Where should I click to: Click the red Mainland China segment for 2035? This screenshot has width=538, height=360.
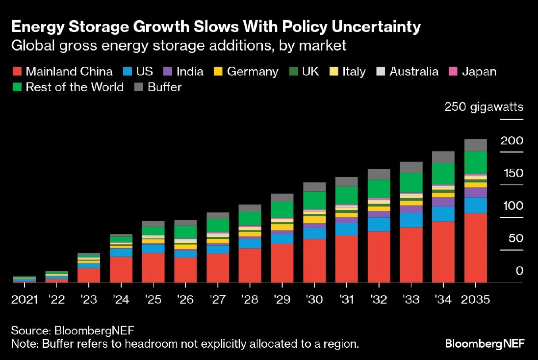tap(475, 248)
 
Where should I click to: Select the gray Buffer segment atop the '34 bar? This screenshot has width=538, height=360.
tap(443, 157)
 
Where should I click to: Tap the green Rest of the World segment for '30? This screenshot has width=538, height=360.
tap(314, 200)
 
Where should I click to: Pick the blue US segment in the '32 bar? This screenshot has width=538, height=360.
tap(379, 224)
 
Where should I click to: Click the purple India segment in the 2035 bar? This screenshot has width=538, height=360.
tap(475, 192)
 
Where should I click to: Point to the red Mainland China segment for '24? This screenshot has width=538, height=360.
tap(121, 269)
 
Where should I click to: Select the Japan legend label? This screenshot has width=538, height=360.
tap(478, 72)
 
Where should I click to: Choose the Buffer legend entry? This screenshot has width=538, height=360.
tap(165, 87)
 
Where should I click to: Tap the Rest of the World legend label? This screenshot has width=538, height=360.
tap(75, 87)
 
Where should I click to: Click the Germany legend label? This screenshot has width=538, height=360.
tap(253, 72)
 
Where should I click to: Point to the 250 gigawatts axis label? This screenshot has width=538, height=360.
tap(484, 107)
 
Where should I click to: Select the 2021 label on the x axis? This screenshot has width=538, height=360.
tap(25, 299)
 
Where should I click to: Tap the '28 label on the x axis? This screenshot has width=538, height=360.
tap(250, 299)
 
